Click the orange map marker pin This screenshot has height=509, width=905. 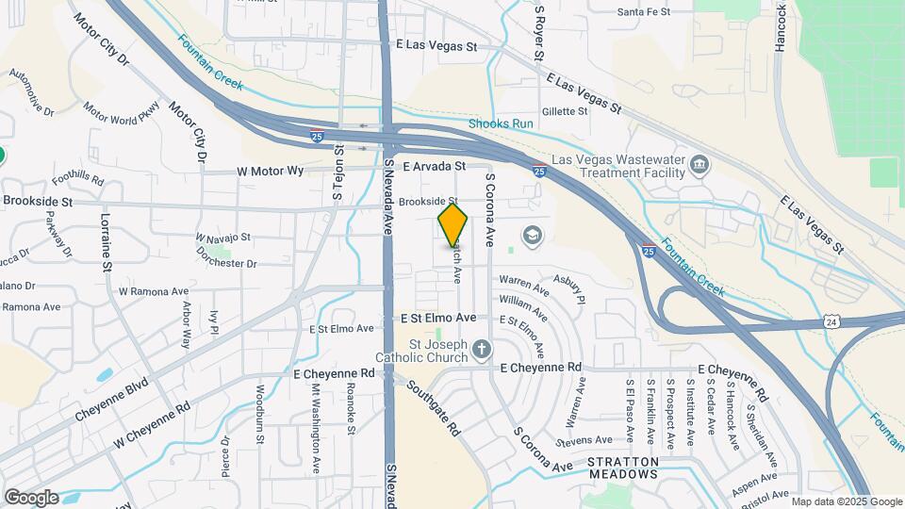453,224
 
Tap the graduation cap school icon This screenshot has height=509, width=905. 533,234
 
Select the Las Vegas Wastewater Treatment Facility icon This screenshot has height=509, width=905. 699,166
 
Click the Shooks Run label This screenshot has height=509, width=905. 502,124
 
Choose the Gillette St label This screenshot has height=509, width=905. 565,110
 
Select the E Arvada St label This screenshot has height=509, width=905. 435,166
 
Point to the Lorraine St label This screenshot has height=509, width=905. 107,243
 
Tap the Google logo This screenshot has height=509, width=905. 31,497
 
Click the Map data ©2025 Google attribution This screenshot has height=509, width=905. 846,501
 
